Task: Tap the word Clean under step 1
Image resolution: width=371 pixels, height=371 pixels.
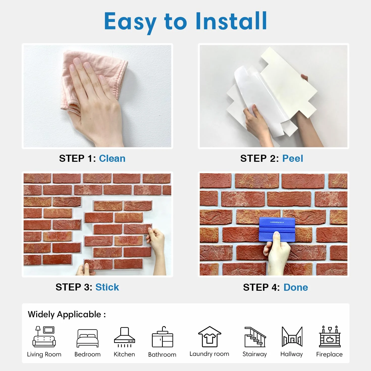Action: [112, 158]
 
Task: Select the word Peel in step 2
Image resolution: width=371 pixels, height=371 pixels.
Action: [293, 158]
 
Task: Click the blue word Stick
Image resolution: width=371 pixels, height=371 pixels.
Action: [107, 287]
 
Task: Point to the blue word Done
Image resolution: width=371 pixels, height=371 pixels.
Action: [296, 287]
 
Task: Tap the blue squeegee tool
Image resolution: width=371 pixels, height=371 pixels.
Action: [277, 229]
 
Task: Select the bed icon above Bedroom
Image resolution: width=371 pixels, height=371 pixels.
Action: [87, 338]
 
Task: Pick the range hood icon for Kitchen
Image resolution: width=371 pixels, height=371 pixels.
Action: [124, 337]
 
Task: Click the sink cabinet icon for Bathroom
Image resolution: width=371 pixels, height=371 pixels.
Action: [163, 337]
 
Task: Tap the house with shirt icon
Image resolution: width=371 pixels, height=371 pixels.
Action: [210, 336]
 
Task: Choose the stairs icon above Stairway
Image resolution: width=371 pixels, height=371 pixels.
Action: [255, 337]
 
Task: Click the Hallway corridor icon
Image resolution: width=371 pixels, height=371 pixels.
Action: [292, 336]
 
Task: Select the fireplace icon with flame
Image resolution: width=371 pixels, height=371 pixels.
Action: [330, 336]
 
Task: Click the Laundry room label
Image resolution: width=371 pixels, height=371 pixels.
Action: [209, 354]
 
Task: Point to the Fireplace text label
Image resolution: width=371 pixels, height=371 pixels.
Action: [329, 354]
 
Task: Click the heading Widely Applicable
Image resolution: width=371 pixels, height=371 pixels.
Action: [67, 314]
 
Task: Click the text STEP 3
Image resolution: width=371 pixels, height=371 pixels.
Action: [74, 287]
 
